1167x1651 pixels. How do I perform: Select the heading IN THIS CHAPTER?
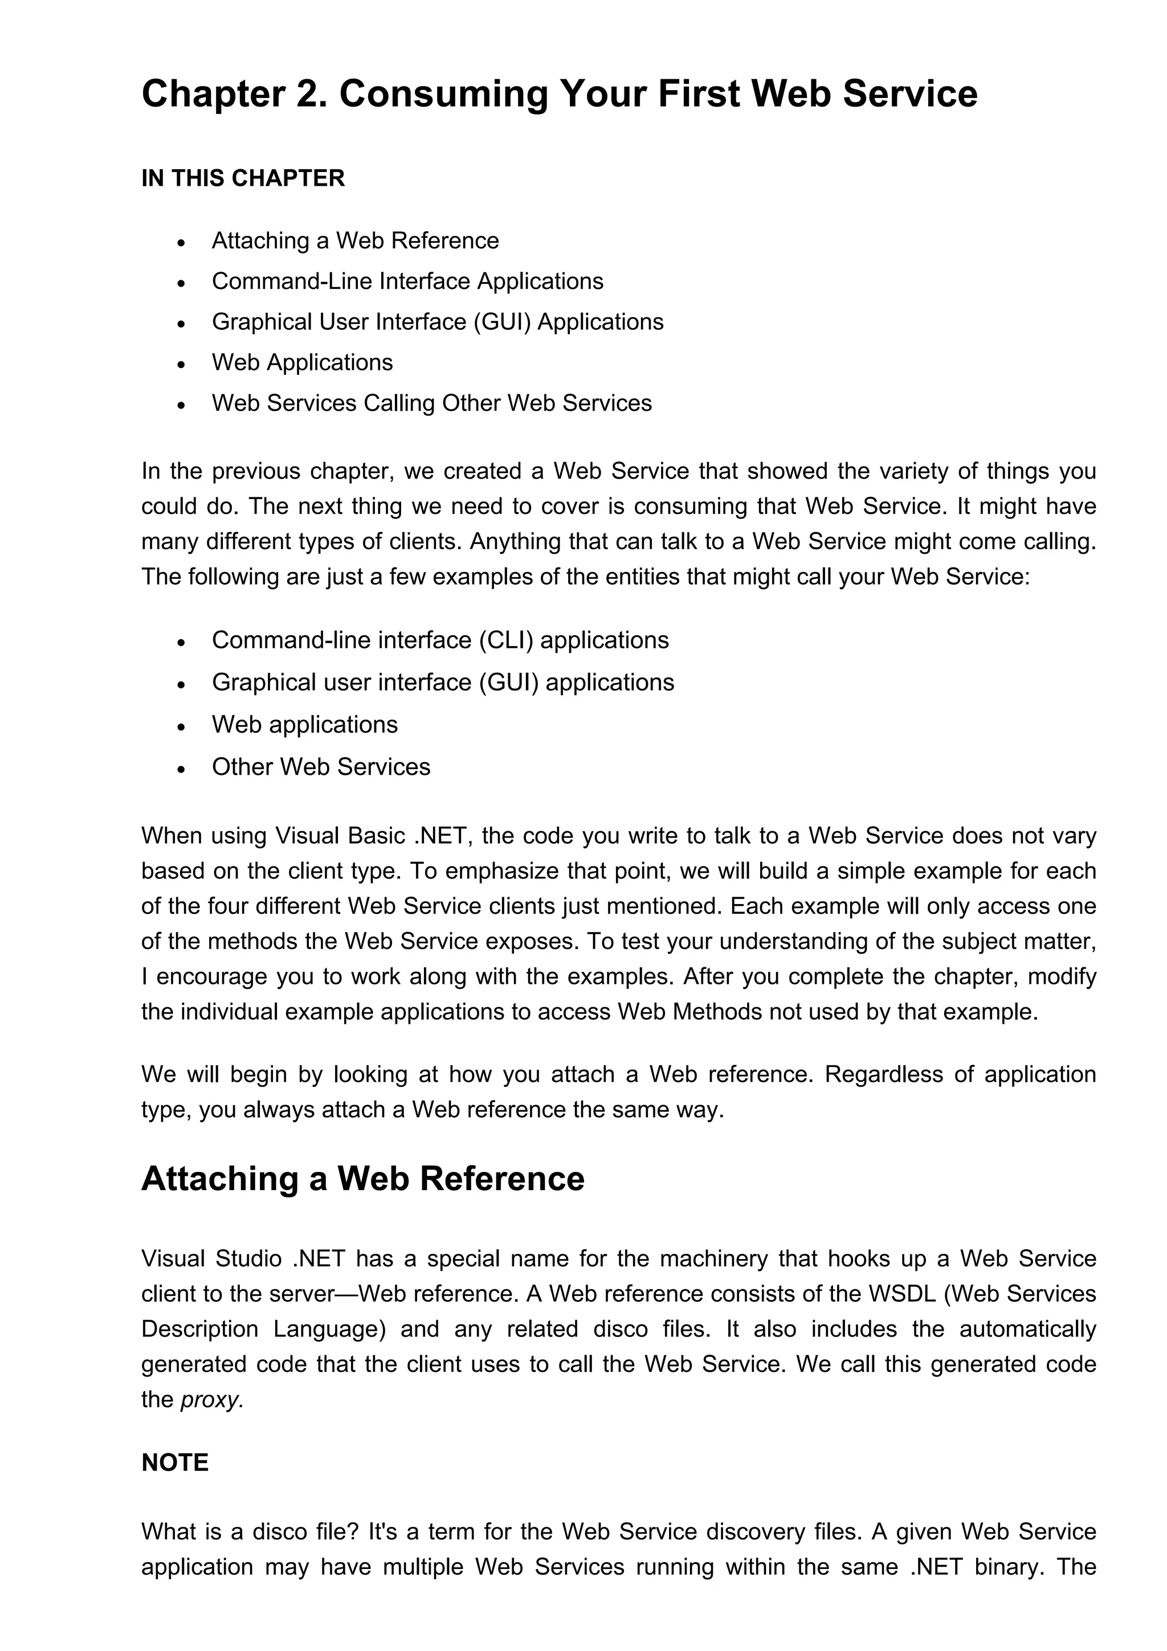tap(243, 178)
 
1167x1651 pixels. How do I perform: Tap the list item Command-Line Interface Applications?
tap(407, 281)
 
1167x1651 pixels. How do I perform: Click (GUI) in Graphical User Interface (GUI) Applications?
tap(501, 321)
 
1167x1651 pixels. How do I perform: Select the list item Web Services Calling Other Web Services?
tap(431, 403)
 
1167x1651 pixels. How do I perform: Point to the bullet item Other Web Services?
tap(321, 767)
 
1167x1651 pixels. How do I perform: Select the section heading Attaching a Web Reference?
tap(363, 1179)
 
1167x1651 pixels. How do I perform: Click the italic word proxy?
tap(211, 1399)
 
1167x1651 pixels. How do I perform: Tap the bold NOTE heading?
tap(175, 1462)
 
